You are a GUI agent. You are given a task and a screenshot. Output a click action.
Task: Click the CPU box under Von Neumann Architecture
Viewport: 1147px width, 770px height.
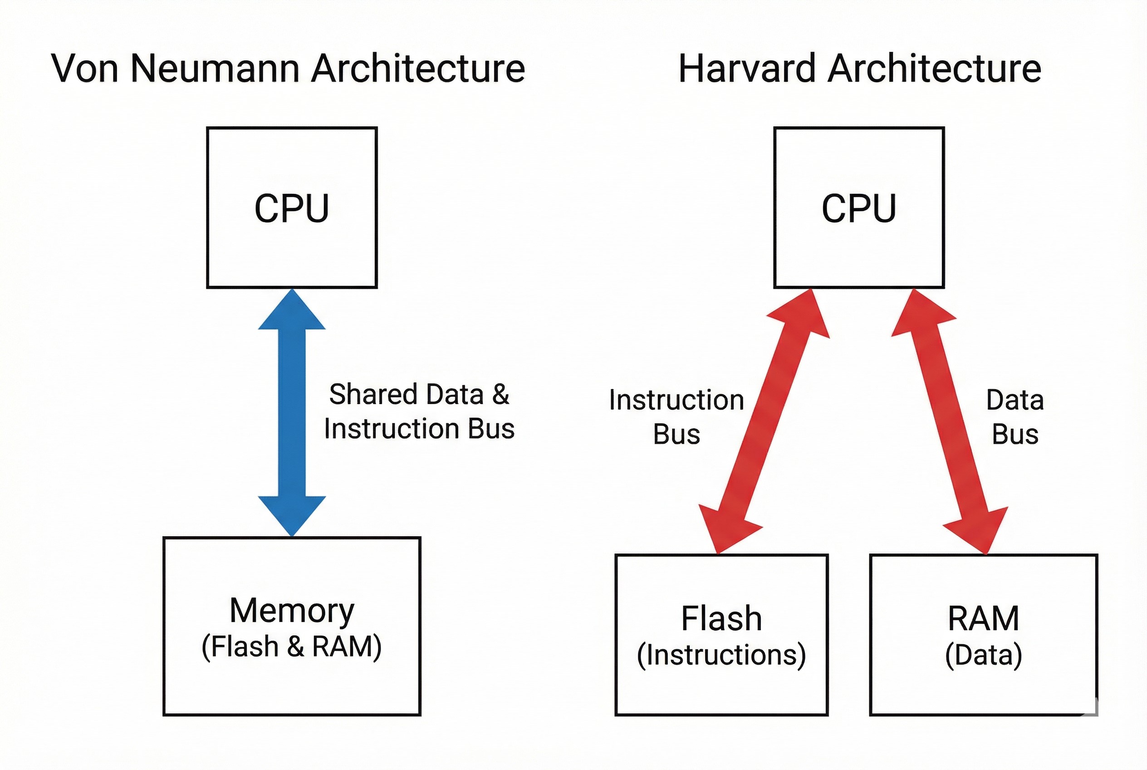tap(292, 207)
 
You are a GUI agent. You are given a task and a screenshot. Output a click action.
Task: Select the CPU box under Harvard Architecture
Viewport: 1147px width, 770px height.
tap(858, 207)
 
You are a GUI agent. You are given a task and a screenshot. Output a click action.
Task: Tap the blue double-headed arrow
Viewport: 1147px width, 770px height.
tap(292, 413)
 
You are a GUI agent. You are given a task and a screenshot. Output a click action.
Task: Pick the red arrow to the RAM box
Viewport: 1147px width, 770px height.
tap(950, 422)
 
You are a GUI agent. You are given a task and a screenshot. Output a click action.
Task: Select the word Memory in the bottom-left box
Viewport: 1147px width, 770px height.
tap(292, 610)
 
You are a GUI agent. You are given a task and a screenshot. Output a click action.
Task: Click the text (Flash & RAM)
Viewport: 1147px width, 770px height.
tap(292, 646)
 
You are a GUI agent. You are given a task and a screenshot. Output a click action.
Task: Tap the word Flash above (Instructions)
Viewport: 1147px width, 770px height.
tap(721, 618)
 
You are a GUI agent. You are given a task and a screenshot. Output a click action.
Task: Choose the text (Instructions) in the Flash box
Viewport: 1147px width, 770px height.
tap(721, 655)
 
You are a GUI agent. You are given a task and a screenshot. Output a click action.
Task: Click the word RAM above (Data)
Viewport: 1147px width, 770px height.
tap(983, 618)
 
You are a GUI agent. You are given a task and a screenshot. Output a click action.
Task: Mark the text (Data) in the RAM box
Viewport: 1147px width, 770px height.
tap(983, 655)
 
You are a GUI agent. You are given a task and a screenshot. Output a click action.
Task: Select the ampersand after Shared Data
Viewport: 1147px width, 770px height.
tap(500, 395)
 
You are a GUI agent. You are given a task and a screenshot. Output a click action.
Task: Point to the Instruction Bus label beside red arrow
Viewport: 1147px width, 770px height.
tap(676, 416)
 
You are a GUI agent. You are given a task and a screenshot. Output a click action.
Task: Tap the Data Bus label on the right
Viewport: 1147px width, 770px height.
tap(1015, 416)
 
